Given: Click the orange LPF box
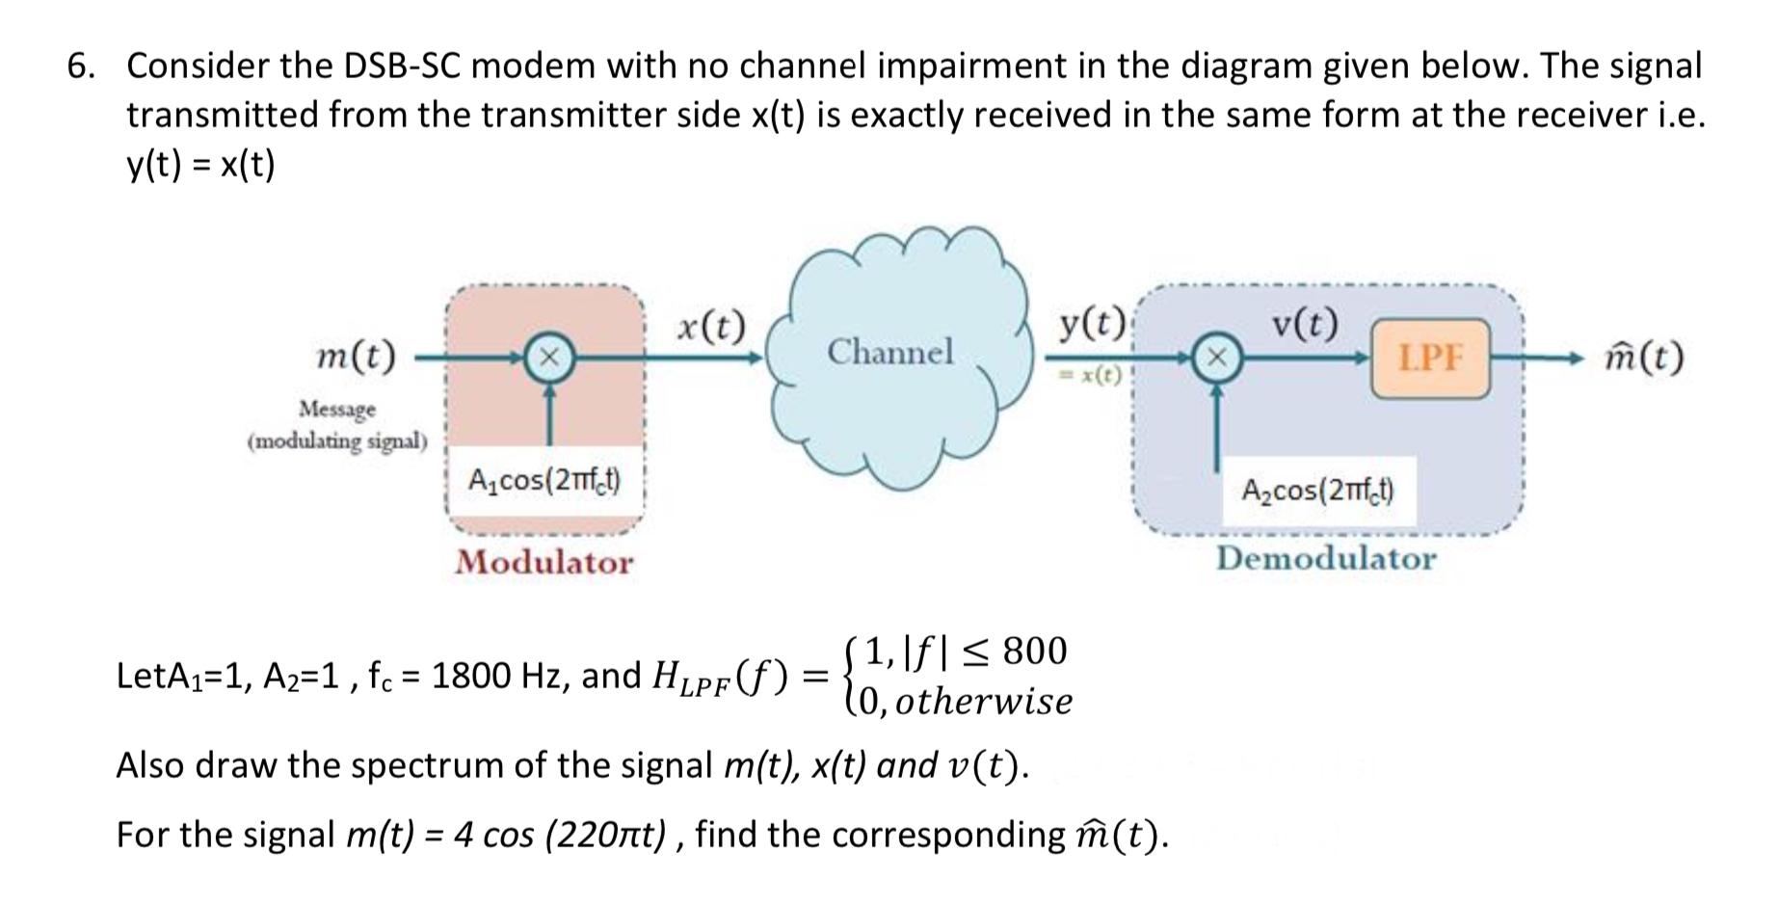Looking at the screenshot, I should click(x=1429, y=359).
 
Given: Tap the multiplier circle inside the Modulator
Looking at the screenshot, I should click(x=548, y=358).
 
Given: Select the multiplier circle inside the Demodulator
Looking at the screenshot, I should click(x=1217, y=358).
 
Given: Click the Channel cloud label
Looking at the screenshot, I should click(x=889, y=351).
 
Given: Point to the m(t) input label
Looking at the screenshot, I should click(x=356, y=357).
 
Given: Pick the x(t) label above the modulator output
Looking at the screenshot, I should click(x=710, y=327).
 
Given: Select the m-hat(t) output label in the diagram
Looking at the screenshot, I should click(x=1644, y=358).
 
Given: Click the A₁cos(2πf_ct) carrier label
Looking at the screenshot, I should click(x=544, y=479).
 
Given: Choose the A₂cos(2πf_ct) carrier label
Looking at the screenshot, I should click(x=1317, y=491).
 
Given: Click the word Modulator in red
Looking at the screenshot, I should click(x=544, y=562).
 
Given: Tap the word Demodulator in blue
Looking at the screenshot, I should click(x=1325, y=558).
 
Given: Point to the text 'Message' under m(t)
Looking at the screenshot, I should click(x=337, y=409).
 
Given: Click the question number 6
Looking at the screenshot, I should click(x=82, y=66).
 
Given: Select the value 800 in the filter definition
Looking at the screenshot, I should click(x=1034, y=652).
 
